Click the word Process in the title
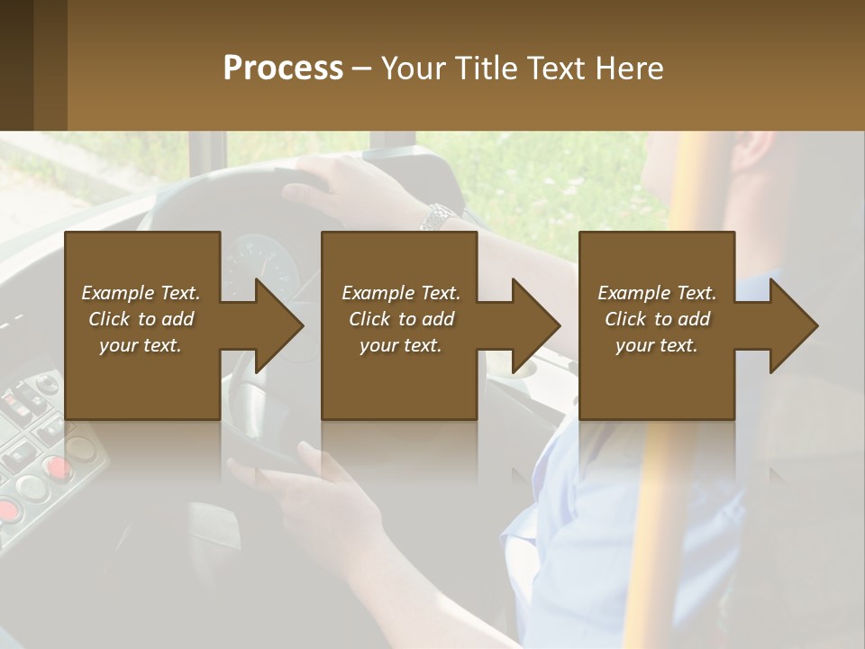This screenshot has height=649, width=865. coord(283,69)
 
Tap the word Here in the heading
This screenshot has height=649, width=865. coord(627,69)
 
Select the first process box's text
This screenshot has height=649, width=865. coord(141,319)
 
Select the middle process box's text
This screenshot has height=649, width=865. coord(401,319)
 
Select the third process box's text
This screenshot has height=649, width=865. coord(657,319)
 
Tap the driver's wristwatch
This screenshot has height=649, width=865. coord(439,216)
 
